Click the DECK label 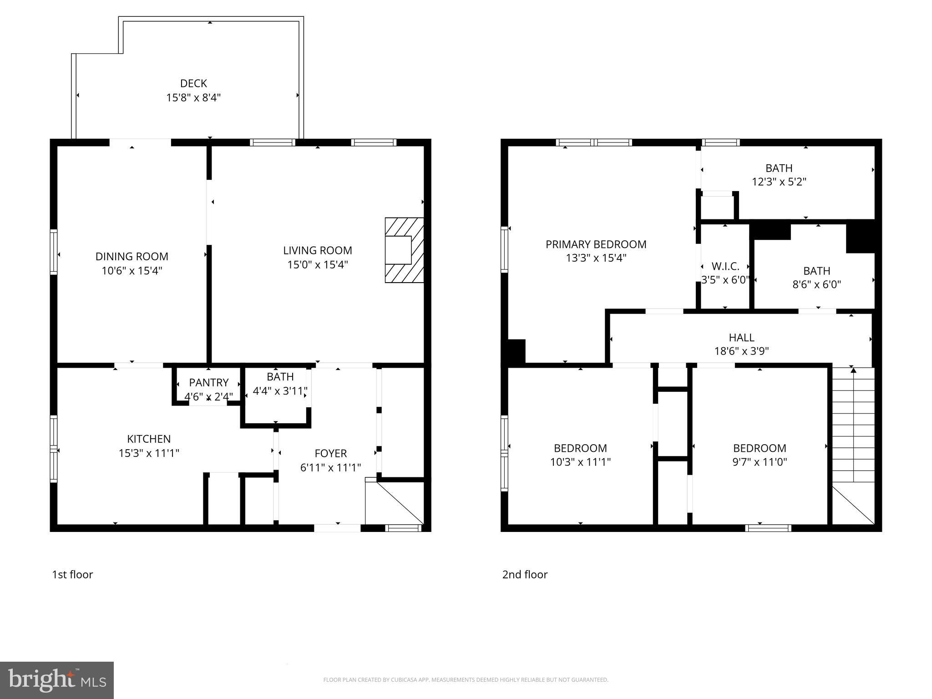point(193,83)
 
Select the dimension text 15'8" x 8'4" point(193,97)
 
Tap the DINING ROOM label point(132,256)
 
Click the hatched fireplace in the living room point(404,250)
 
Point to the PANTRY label point(209,382)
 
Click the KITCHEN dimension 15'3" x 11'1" point(149,453)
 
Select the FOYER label point(330,453)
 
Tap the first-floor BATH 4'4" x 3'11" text point(280,391)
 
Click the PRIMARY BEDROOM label point(596,244)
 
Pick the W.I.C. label point(725,266)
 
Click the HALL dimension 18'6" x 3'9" point(741,351)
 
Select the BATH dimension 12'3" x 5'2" point(779,182)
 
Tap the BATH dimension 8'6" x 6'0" point(816,284)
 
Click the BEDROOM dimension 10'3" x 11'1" point(580,462)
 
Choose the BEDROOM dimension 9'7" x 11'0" point(760,462)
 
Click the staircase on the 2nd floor point(853,425)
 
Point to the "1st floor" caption point(72,575)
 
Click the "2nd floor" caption point(525,575)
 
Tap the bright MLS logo point(57,680)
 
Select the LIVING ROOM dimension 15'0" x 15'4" point(317,264)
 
